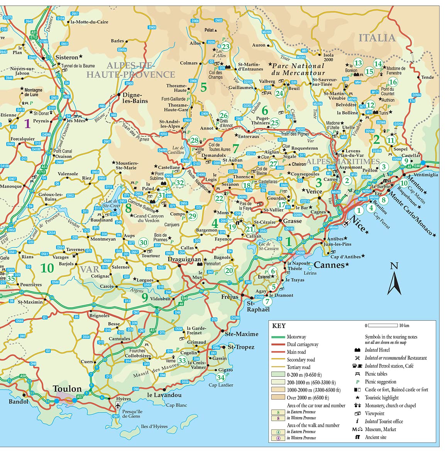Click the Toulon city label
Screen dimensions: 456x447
[x=67, y=388]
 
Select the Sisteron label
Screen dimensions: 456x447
[x=67, y=57]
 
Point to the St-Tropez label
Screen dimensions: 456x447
[x=241, y=347]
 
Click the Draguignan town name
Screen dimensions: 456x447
[x=185, y=259]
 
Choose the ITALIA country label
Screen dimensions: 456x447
[x=377, y=38]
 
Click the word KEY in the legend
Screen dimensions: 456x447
[x=279, y=326]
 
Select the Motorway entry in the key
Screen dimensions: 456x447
[x=296, y=337]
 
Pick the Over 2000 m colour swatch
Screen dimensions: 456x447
[x=278, y=397]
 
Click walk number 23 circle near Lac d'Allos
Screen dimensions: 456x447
[x=225, y=47]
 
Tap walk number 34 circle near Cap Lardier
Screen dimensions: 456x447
[x=220, y=377]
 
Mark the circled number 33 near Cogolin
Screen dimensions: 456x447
[x=182, y=361]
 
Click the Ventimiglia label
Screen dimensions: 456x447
[x=426, y=175]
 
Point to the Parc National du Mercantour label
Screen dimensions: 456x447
[x=298, y=69]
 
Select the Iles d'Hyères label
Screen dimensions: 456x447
[x=154, y=426]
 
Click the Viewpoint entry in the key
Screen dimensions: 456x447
[x=374, y=413]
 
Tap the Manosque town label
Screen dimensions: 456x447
[x=11, y=186]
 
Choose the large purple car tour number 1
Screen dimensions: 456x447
[x=27, y=124]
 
